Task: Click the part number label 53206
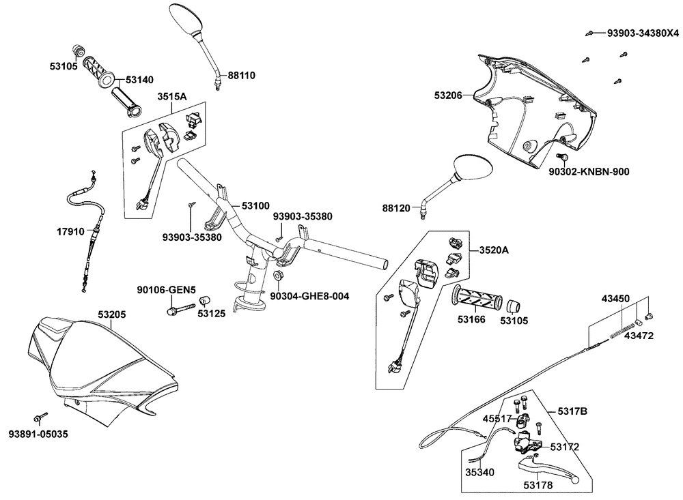448,95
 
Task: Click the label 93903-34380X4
643,33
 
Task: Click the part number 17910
70,231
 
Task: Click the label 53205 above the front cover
111,314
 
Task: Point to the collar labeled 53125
205,301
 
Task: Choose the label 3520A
494,250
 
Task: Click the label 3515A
172,96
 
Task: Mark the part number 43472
639,336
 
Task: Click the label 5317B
572,411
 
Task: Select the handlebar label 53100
255,205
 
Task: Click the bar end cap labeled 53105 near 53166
513,306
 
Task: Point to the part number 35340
479,472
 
